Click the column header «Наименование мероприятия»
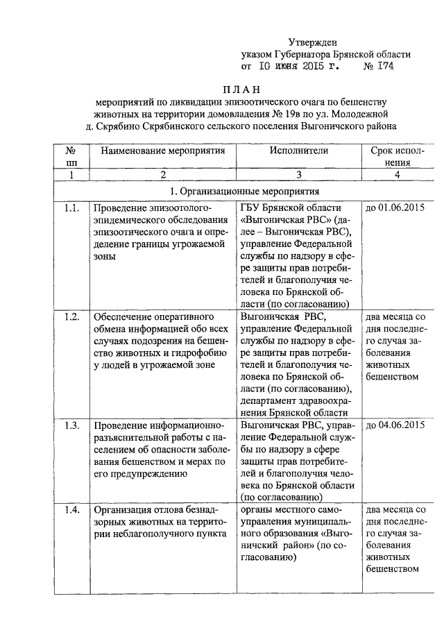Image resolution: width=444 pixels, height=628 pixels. pos(163,151)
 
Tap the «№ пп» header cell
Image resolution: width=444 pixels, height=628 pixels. pos(70,157)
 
